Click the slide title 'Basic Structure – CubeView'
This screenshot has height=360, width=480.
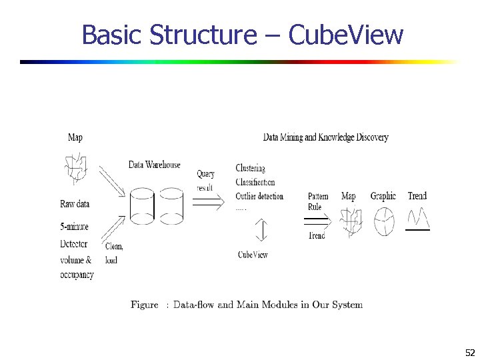[x=242, y=35]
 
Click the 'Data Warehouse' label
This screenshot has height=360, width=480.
[x=155, y=165]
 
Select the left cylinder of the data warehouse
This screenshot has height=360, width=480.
[x=142, y=206]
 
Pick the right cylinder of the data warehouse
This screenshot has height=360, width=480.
[x=170, y=206]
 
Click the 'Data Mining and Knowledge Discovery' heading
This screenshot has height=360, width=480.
[x=325, y=137]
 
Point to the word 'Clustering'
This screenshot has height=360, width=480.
[x=250, y=168]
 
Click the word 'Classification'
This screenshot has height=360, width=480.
[x=255, y=182]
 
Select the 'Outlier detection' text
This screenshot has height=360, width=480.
[x=259, y=196]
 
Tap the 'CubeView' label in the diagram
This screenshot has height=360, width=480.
[x=253, y=255]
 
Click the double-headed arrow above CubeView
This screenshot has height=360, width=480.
[x=261, y=231]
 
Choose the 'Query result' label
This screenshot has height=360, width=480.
[x=205, y=181]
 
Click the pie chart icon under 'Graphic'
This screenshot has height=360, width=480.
[x=383, y=222]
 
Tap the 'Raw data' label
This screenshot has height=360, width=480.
[x=75, y=204]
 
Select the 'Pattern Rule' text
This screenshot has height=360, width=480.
[x=318, y=201]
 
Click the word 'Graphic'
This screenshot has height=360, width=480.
[x=383, y=196]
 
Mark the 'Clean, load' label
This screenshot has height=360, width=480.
[x=114, y=253]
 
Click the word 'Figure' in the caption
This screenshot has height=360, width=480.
[x=144, y=305]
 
